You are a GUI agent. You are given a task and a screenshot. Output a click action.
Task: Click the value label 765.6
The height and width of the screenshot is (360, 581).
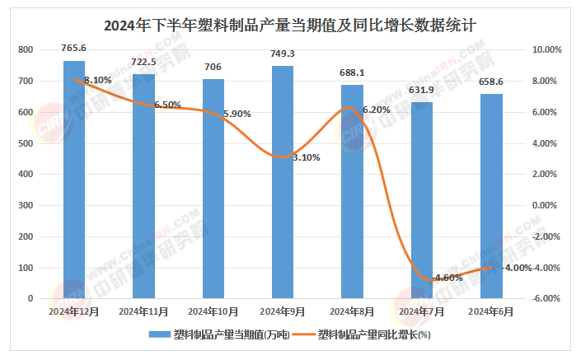73,49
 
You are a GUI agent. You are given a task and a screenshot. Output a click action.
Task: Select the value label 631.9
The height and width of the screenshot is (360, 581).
421,90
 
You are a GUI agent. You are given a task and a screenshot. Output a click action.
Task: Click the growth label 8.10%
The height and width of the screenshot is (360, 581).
97,80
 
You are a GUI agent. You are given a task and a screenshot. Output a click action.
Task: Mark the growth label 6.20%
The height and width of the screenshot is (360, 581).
376,110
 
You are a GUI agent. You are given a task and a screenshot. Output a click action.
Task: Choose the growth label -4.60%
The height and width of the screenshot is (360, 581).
446,278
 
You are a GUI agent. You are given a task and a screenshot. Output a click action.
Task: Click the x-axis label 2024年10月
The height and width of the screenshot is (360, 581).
213,311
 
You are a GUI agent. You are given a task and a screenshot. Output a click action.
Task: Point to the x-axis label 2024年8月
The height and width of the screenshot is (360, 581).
352,311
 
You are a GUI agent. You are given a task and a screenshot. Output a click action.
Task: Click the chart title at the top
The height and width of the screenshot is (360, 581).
290,25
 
